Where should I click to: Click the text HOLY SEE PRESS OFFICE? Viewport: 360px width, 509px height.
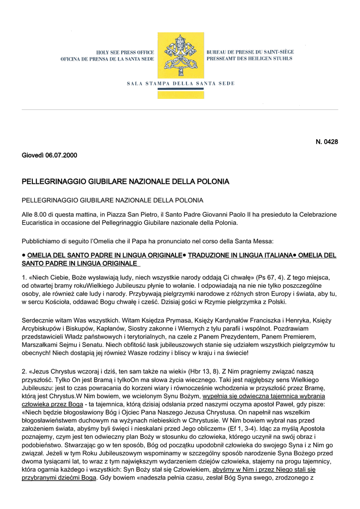125,52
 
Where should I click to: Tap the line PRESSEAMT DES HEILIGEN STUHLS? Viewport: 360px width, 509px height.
249,59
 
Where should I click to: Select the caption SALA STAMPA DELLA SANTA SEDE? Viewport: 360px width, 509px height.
180,83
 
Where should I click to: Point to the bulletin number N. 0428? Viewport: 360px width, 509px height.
327,142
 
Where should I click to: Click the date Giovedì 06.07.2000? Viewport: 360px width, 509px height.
49,155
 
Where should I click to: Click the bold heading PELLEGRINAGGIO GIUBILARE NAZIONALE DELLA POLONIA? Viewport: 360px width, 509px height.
125,182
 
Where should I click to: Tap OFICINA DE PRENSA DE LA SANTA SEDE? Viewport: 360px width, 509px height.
107,59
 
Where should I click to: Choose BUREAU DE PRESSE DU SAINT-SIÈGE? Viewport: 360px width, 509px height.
250,52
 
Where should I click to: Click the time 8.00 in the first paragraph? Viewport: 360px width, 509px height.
40,214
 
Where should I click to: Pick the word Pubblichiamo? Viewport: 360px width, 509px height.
43,241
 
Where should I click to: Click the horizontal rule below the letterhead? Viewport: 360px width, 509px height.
180,109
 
